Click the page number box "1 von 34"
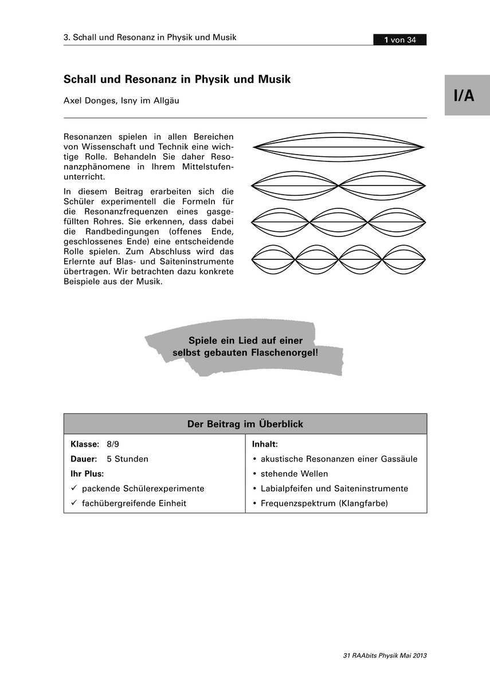tap(399, 40)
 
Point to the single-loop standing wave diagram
tap(339, 147)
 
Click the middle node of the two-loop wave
tap(339, 185)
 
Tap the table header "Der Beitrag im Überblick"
tap(245, 424)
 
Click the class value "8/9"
tap(112, 444)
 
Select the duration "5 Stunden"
tap(127, 459)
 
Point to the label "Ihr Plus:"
tap(87, 473)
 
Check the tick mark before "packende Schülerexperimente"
tap(73, 488)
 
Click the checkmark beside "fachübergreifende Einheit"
tap(73, 503)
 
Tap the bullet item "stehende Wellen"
tap(294, 474)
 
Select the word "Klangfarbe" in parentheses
tap(363, 504)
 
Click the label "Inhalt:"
tap(265, 444)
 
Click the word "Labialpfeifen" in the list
tap(286, 489)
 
